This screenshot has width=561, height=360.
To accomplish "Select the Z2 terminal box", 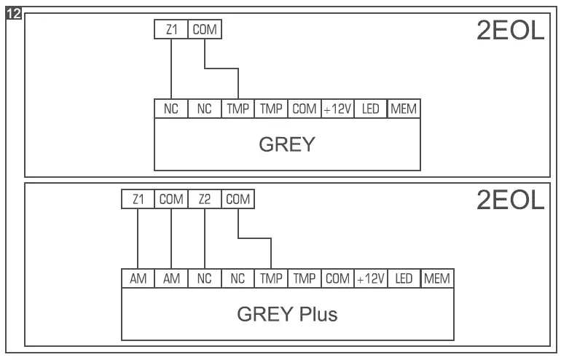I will (x=205, y=199).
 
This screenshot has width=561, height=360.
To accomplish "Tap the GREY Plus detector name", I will (x=287, y=315).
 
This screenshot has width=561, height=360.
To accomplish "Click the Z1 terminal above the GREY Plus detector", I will (x=138, y=199).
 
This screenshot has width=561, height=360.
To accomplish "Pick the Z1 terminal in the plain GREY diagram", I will (x=171, y=30).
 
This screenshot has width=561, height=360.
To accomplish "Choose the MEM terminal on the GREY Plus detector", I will (x=438, y=278).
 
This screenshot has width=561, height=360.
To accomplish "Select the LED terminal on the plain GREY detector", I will (x=371, y=109).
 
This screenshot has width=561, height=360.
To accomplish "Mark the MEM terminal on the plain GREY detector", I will (x=404, y=109).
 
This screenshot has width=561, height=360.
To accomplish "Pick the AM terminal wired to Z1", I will (x=138, y=278).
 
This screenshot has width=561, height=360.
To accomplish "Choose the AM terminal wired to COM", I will (x=171, y=278).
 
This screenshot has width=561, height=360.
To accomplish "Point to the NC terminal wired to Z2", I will (x=205, y=278).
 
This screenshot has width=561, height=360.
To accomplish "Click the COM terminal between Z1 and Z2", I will (x=171, y=199).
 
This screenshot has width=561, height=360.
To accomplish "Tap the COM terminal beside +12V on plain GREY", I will (x=305, y=109).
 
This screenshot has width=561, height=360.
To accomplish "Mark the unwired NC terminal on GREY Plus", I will (x=238, y=278).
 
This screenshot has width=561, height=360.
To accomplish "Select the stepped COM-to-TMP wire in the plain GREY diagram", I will (x=222, y=69).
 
